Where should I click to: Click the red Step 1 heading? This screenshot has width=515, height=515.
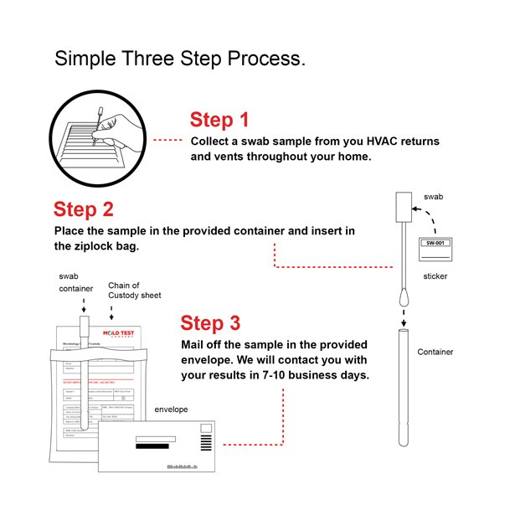pyautogui.click(x=219, y=119)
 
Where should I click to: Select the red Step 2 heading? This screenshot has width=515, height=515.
pyautogui.click(x=83, y=209)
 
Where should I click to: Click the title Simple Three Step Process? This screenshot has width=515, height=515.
pyautogui.click(x=180, y=59)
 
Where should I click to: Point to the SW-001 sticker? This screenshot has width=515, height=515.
pyautogui.click(x=436, y=243)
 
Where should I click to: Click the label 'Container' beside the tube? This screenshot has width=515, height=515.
pyautogui.click(x=435, y=352)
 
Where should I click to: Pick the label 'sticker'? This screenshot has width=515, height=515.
pyautogui.click(x=435, y=275)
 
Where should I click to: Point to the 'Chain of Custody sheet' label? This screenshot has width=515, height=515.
pyautogui.click(x=134, y=291)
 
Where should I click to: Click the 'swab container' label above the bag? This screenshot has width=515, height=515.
pyautogui.click(x=72, y=282)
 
